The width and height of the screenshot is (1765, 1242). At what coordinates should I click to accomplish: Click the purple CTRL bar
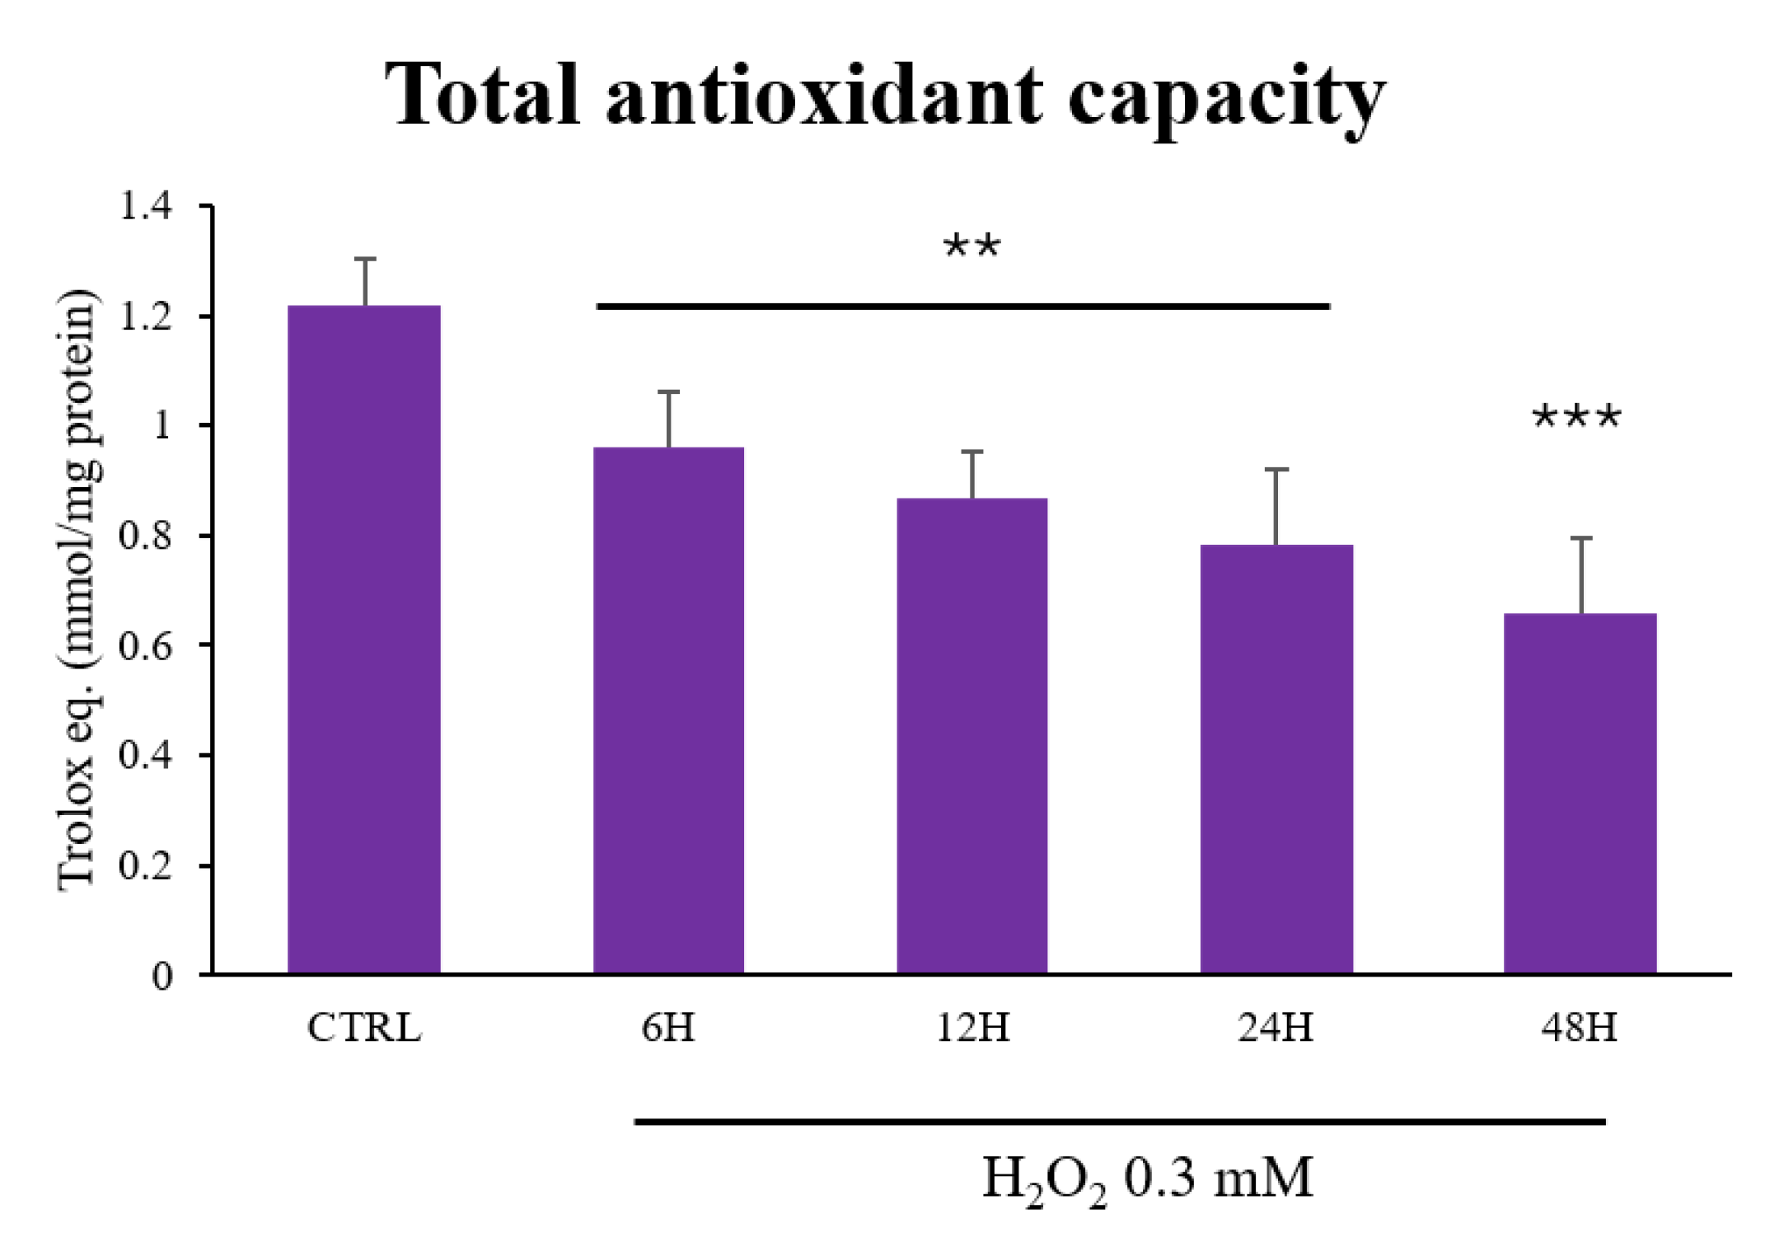click(x=363, y=640)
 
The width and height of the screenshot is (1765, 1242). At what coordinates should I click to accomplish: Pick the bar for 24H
click(x=1276, y=759)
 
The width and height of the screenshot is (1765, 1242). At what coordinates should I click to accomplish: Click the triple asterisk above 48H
click(x=1575, y=418)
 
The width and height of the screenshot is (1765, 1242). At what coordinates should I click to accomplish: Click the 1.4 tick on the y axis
click(x=147, y=206)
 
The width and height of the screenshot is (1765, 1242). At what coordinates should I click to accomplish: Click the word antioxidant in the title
click(x=824, y=97)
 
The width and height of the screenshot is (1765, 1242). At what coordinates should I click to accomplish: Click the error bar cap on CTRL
click(x=365, y=260)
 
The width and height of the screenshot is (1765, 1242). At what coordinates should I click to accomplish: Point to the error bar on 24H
click(x=1276, y=506)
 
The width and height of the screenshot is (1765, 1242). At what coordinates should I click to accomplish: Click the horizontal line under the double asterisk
click(x=962, y=307)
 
